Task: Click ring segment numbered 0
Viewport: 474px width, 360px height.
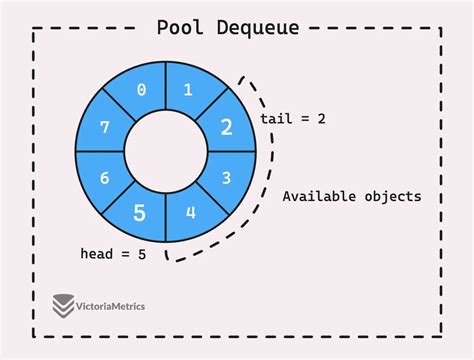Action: pos(141,90)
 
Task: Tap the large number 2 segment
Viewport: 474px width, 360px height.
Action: pos(226,128)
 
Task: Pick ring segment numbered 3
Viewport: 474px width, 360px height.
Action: pos(226,178)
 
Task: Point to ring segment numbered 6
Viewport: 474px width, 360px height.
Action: pos(103,178)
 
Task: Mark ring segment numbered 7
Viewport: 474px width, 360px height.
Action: pos(103,128)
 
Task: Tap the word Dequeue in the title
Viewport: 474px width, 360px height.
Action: pos(257,27)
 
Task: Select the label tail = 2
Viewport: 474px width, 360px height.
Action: pos(293,119)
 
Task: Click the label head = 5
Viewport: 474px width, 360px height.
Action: pos(113,254)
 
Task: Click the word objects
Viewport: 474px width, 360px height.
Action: pos(392,196)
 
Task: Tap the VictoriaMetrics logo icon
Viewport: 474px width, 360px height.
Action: pos(65,305)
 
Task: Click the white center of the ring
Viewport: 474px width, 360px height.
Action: pos(164,152)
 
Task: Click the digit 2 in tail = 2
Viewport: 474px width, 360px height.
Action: pos(322,119)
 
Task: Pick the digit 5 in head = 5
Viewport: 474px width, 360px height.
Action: pos(142,254)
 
